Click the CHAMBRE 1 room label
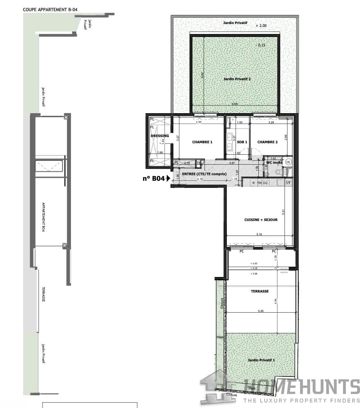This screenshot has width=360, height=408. pos(202,142)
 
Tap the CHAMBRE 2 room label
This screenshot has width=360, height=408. pos(268,142)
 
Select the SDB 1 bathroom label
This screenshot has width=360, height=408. pos(242,142)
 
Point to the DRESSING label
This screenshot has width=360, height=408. pos(160,136)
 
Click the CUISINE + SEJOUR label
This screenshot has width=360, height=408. pos(261,220)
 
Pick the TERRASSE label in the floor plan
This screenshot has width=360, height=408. pos(260,291)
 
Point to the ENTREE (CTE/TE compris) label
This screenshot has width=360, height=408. pos(204,174)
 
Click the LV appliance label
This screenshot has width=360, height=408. pos(288,182)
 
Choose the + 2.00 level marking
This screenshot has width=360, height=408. pos(262,26)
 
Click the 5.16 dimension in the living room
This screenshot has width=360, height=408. pos(259,235)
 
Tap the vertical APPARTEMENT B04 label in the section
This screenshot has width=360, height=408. pos(43,217)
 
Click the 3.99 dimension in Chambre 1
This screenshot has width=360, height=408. pos(198,122)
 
